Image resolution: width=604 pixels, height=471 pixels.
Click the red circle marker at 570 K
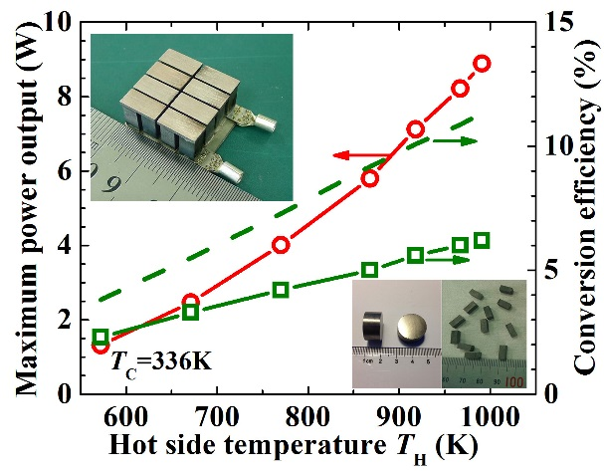[101, 346]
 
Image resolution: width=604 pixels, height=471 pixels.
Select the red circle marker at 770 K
[281, 244]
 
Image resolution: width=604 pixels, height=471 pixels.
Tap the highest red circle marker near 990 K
[482, 63]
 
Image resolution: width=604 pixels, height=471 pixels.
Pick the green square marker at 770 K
[281, 290]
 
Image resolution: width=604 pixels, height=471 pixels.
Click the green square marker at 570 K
[101, 337]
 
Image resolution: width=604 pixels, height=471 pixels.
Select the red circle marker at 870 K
[369, 178]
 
